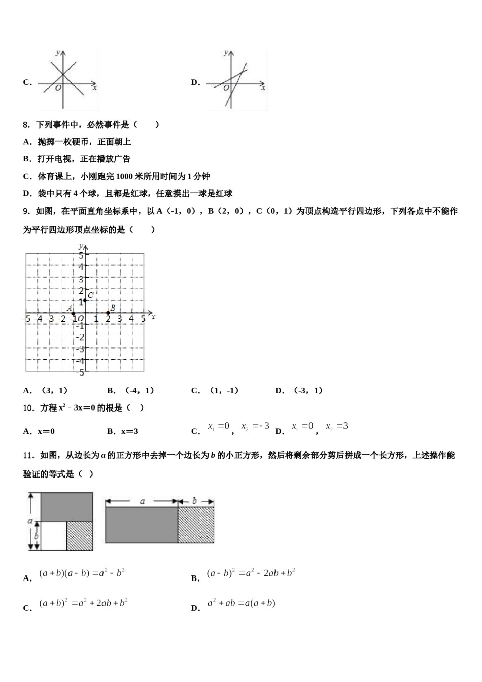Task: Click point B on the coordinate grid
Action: click(108, 313)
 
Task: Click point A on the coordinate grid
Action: click(74, 313)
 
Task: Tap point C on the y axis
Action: click(85, 301)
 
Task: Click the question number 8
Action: click(26, 124)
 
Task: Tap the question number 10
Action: click(28, 407)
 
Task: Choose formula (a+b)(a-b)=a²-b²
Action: click(82, 573)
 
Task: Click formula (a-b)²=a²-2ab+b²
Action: click(251, 573)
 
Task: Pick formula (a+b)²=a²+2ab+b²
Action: click(83, 603)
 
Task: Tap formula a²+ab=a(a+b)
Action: click(241, 603)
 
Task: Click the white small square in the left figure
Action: click(54, 535)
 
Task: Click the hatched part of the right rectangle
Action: click(196, 525)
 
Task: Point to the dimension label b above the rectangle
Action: click(194, 501)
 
